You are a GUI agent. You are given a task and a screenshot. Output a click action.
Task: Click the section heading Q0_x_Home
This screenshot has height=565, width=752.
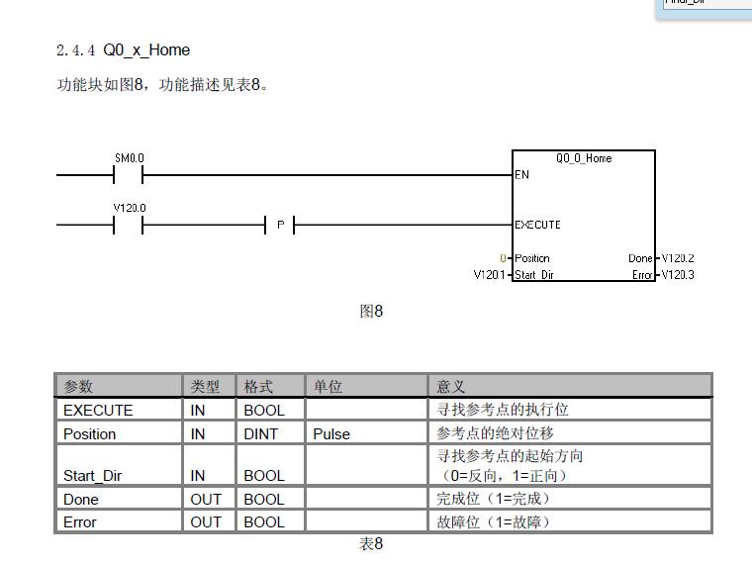145,50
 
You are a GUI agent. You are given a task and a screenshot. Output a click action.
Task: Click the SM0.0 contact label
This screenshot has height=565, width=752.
129,158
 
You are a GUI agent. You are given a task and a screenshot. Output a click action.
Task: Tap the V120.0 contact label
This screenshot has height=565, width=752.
129,208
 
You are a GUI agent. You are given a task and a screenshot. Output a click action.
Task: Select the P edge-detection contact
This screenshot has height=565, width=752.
281,226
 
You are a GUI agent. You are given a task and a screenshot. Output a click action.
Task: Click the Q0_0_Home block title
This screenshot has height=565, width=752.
584,158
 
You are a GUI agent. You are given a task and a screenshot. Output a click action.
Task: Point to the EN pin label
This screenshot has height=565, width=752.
522,175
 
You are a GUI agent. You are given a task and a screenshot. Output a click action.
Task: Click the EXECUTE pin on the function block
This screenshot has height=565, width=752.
537,225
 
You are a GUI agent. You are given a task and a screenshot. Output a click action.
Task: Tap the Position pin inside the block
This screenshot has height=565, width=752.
532,258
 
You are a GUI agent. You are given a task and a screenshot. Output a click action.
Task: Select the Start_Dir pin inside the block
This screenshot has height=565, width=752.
534,275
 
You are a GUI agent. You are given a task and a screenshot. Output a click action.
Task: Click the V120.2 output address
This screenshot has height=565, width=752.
678,258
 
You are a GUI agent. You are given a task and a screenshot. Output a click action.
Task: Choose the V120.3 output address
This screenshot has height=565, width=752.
678,275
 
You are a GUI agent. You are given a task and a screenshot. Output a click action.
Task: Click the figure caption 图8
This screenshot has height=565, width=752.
371,312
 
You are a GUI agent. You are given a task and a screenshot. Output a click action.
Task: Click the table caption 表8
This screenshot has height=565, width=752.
371,544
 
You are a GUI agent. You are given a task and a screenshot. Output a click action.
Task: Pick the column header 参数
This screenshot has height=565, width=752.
78,386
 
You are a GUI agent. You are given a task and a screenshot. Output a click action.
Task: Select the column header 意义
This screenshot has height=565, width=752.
451,386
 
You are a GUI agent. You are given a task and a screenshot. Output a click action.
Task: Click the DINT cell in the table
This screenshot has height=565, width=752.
261,433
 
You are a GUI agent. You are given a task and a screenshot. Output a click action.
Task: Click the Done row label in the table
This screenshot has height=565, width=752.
81,499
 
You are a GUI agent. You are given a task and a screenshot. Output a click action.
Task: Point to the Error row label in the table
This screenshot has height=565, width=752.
80,521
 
